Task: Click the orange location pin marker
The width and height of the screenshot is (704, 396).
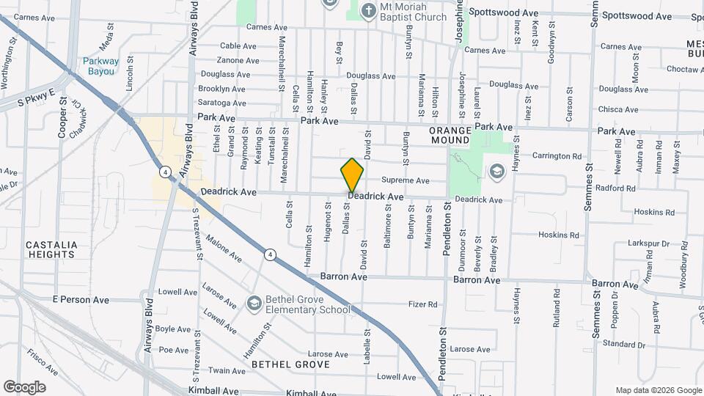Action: click(352, 175)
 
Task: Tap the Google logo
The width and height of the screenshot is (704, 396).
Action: click(24, 387)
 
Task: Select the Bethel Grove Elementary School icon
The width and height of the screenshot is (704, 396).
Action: click(254, 303)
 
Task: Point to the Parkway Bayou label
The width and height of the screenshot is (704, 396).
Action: click(98, 66)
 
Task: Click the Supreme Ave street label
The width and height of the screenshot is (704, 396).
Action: click(405, 180)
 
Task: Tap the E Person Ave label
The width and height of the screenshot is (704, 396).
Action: click(81, 300)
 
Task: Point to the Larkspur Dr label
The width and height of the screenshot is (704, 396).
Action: click(648, 243)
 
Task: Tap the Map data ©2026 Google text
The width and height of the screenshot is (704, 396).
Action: click(658, 390)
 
